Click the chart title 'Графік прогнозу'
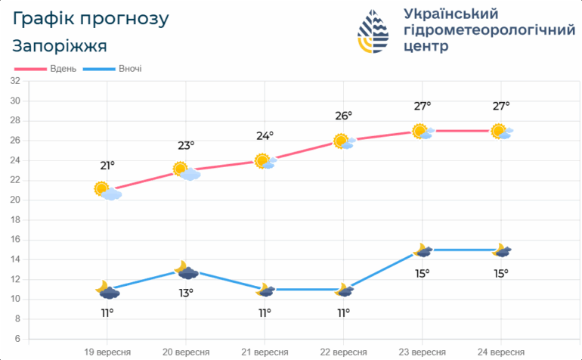(x=91, y=18)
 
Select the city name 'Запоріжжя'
(x=60, y=45)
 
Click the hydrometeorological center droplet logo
(x=375, y=32)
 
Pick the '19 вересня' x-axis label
(x=107, y=352)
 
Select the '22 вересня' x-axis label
(x=343, y=352)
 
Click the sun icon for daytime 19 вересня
(x=103, y=188)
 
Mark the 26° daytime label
(x=344, y=116)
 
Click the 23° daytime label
(x=186, y=145)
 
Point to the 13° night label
(x=186, y=293)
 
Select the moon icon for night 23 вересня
(x=420, y=250)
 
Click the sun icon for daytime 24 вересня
(x=499, y=131)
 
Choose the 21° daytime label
(x=107, y=166)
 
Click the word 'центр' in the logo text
(x=426, y=45)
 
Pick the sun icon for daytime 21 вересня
(x=262, y=160)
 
